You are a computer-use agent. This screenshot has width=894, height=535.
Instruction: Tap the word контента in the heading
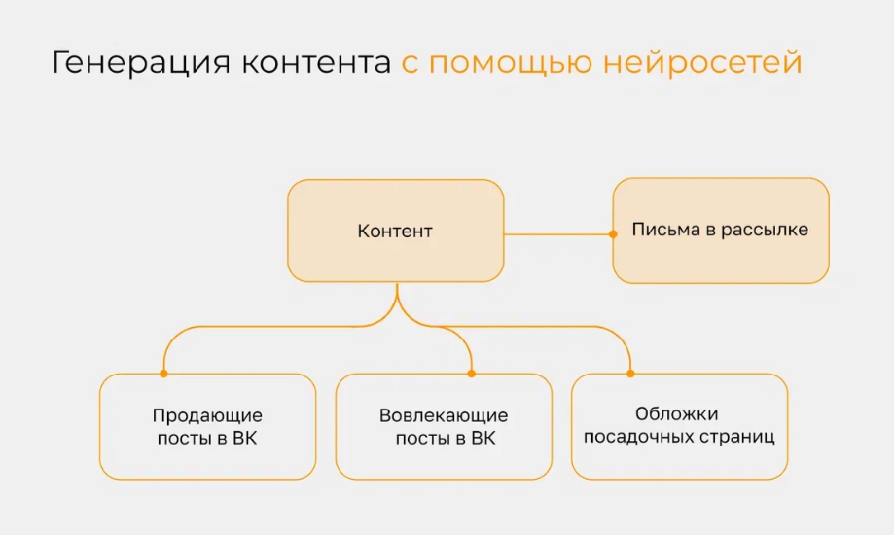pos(315,63)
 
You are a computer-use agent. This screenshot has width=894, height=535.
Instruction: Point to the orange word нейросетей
pos(702,63)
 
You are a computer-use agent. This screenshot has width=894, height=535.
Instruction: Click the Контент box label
pos(395,232)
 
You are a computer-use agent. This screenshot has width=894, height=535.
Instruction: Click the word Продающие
pos(207,416)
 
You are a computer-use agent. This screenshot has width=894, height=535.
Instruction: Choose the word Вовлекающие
pos(444,416)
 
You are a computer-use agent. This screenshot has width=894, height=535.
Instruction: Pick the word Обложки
pos(677,414)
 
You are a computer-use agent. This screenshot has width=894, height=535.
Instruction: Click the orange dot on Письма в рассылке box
pos(613,233)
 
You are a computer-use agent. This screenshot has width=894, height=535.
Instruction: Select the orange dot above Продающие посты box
pos(163,373)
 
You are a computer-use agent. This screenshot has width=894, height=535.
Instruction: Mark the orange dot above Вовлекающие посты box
pos(471,373)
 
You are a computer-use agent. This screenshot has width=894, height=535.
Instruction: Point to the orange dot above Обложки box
pos(630,373)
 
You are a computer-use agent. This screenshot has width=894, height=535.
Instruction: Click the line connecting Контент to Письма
pos(556,233)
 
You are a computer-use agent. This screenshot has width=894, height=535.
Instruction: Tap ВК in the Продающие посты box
pos(245,439)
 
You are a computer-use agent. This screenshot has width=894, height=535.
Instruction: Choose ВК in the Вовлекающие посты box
pos(483,439)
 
